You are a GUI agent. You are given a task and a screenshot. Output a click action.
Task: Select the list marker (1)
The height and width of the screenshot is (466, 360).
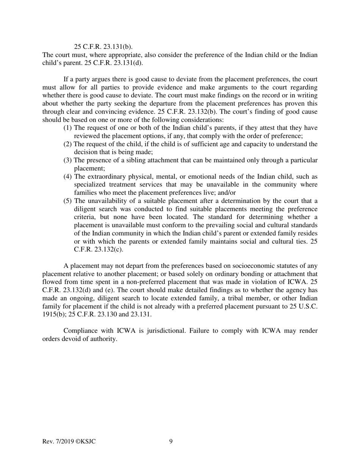[x=68, y=128]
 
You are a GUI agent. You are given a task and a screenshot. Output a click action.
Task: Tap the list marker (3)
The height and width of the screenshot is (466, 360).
[x=68, y=160]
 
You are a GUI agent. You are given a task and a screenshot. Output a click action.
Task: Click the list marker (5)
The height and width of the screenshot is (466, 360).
[x=68, y=201]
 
